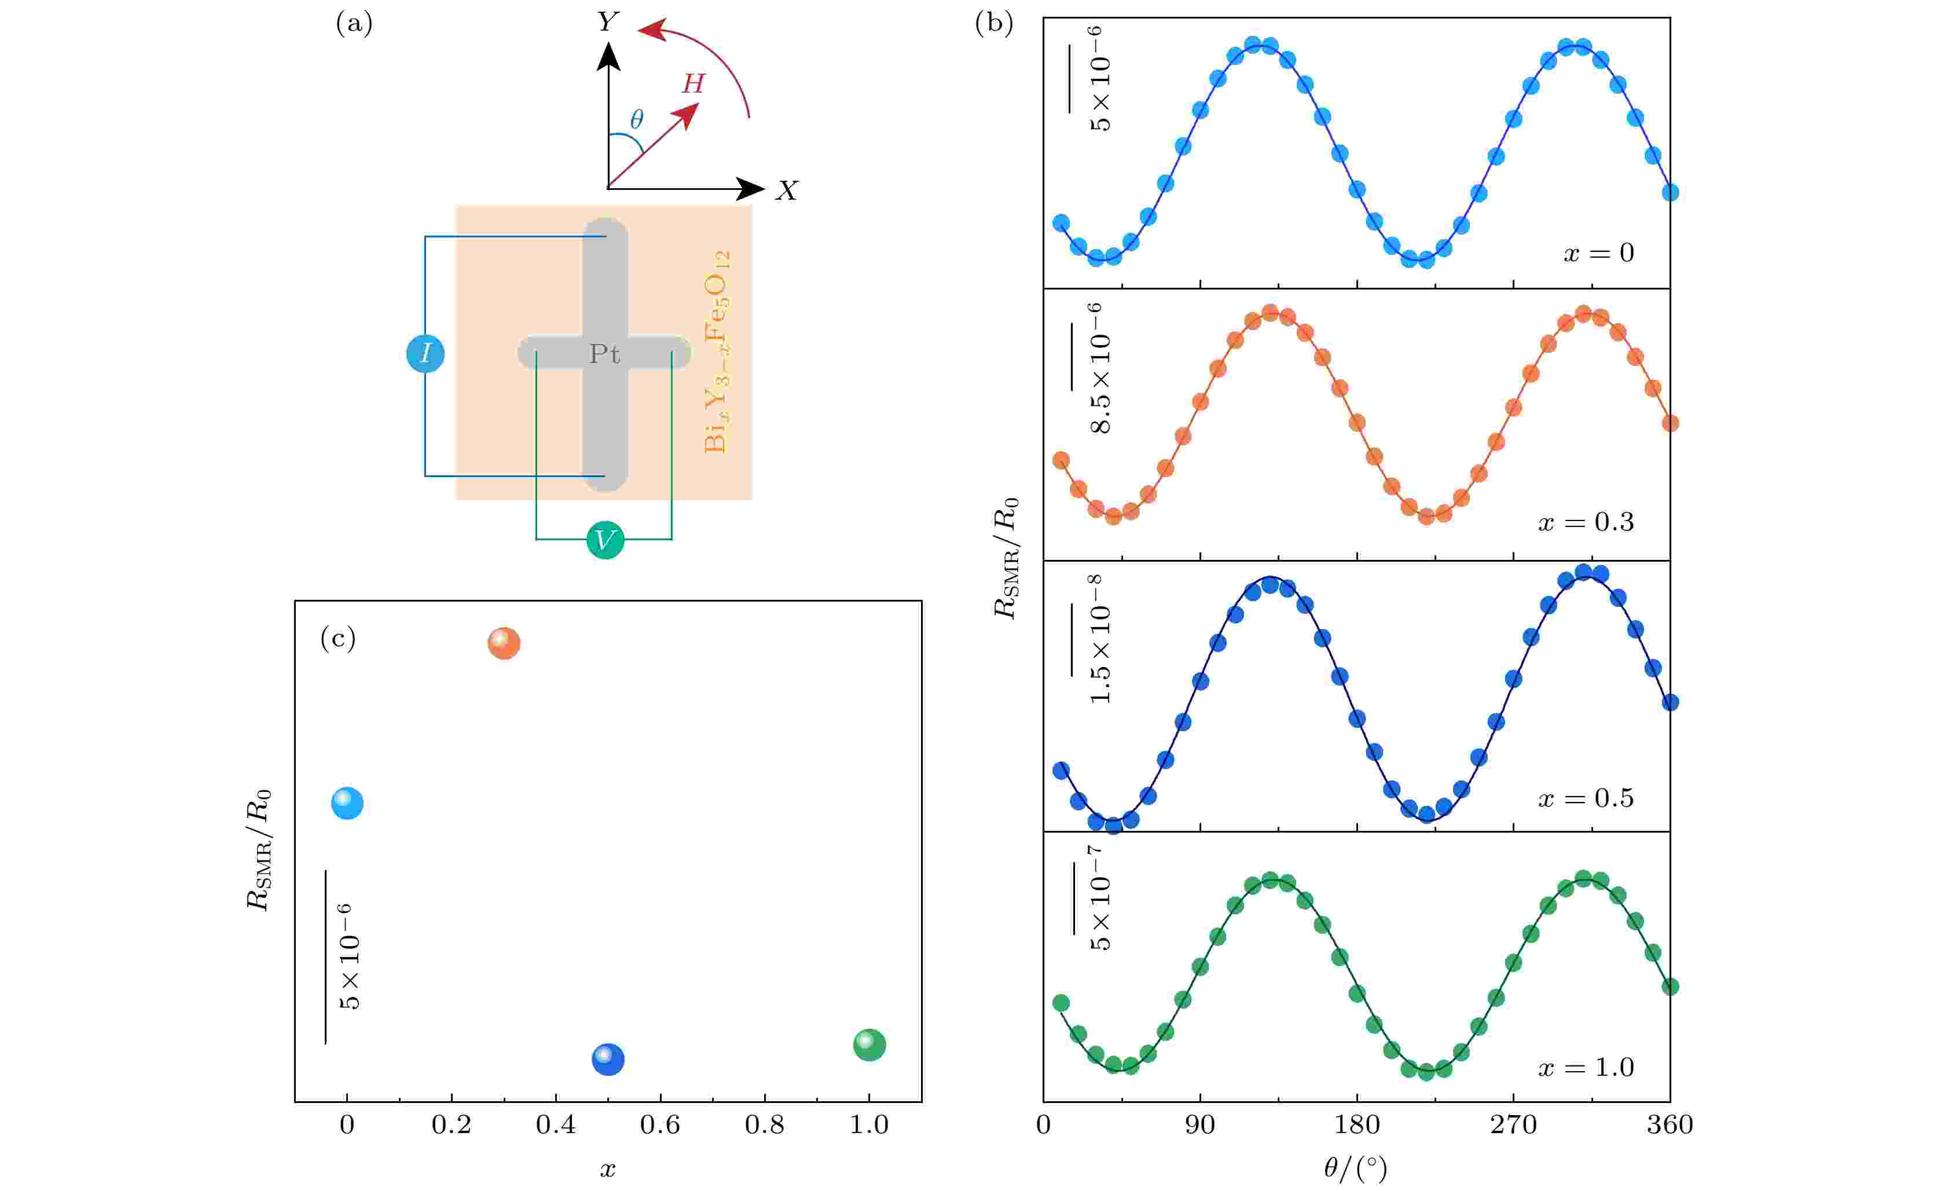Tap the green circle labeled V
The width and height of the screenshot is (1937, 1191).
[x=605, y=540]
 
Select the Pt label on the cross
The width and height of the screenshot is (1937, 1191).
[x=605, y=354]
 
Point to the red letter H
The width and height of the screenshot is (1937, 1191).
[x=693, y=83]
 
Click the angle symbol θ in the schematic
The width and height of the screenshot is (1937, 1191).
[x=636, y=120]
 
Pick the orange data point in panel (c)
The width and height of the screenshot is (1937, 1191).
[x=504, y=643]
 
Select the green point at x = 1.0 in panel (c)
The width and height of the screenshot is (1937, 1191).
[x=870, y=1045]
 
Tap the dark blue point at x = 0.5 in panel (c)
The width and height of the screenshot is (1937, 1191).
[x=608, y=1060]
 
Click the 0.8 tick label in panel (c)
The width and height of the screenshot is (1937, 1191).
[x=765, y=1125]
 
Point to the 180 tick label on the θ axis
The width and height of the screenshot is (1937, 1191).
[x=1357, y=1125]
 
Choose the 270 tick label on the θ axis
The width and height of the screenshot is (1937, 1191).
[x=1513, y=1125]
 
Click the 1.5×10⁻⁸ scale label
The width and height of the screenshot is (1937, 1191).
[x=1101, y=640]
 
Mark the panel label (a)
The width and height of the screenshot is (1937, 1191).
[x=354, y=24]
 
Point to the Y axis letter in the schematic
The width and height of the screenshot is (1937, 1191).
[x=608, y=21]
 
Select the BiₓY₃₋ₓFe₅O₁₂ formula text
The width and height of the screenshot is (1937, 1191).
[x=717, y=351]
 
